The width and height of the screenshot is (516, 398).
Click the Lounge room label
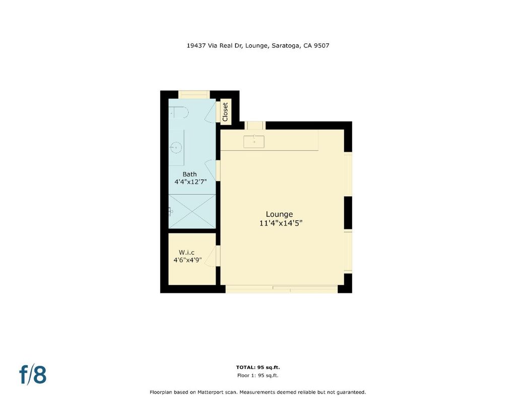tap(279, 214)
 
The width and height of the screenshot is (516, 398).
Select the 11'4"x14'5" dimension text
tap(281, 223)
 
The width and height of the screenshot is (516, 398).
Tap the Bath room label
tap(189, 174)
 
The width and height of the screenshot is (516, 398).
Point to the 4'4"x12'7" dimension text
tap(190, 182)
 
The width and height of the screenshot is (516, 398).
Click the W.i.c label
tap(186, 253)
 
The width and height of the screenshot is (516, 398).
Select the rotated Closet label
tap(225, 112)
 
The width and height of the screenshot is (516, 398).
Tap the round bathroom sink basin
tap(177, 147)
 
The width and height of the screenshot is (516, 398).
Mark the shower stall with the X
tap(192, 211)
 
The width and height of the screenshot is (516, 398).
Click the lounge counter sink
tap(254, 142)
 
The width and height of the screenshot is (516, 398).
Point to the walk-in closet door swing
tap(211, 256)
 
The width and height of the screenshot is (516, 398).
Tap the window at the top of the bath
tap(194, 94)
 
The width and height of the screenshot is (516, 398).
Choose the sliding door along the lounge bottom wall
tap(282, 289)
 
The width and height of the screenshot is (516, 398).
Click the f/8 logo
tap(33, 374)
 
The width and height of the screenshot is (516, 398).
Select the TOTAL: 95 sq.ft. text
tap(258, 367)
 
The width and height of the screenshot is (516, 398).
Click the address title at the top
tap(258, 46)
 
